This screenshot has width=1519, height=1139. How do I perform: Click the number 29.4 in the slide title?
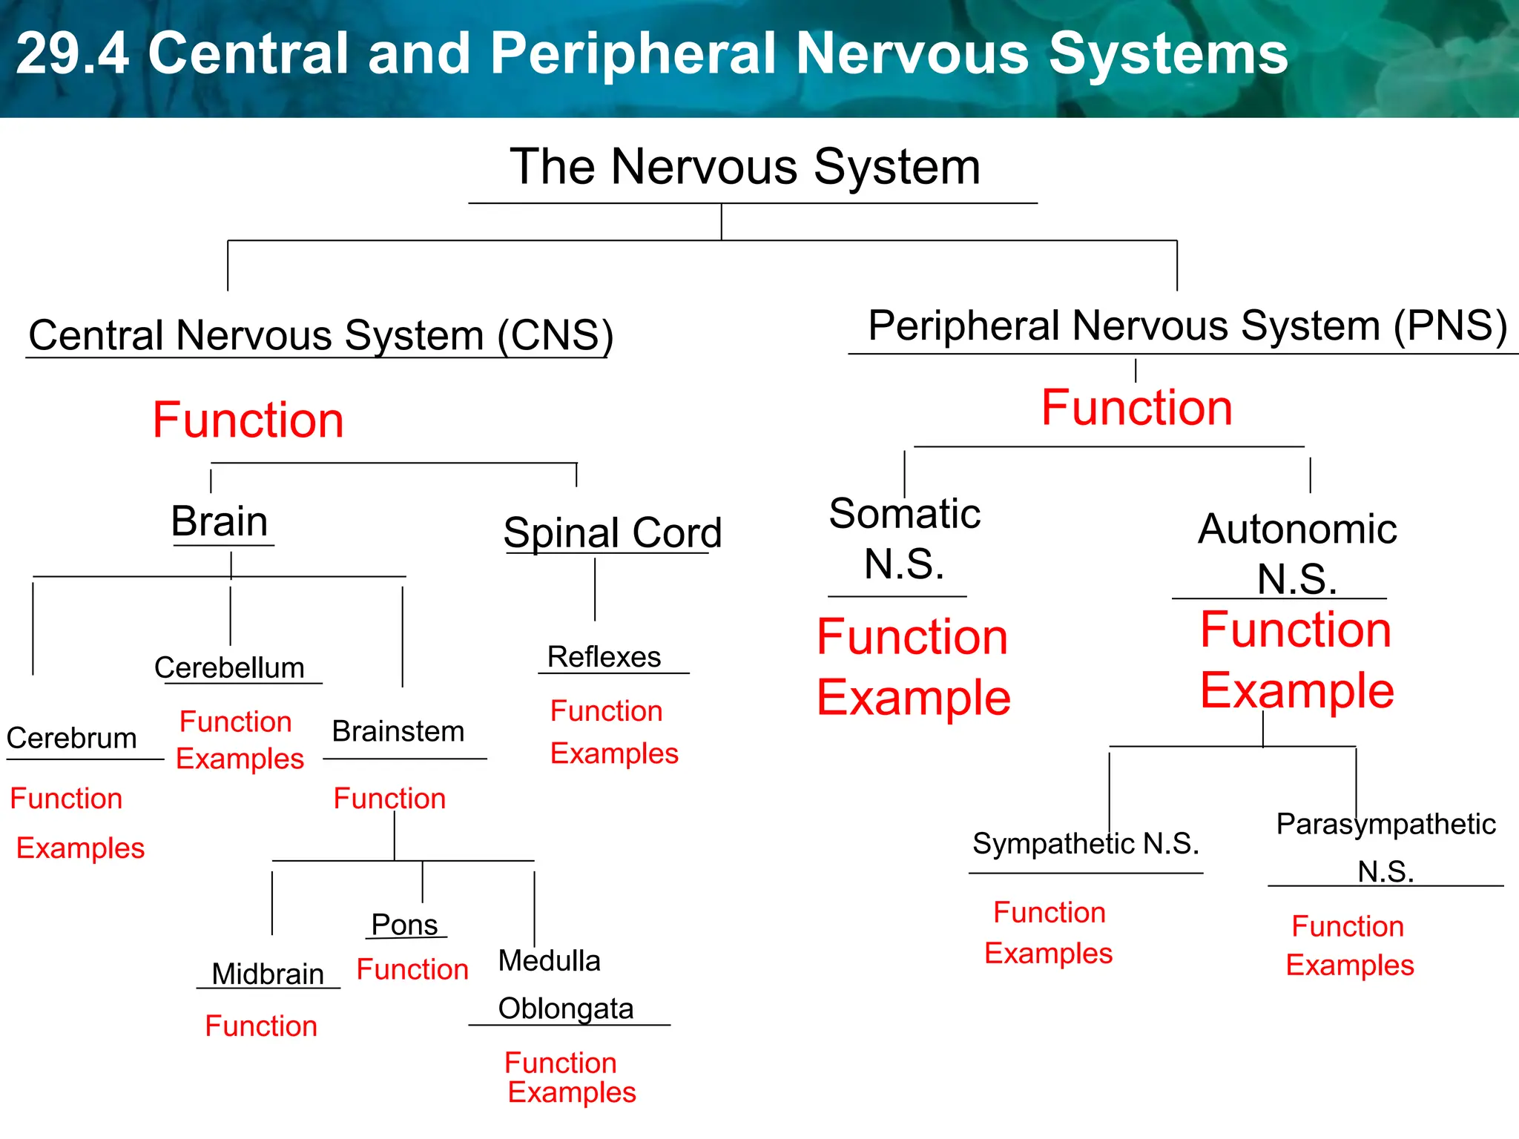(72, 53)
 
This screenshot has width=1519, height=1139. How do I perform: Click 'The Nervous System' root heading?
(745, 167)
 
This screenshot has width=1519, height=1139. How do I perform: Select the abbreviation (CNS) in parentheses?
(556, 335)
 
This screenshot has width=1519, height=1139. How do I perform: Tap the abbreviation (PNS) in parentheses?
(1450, 326)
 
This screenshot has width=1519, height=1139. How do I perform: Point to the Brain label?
(220, 521)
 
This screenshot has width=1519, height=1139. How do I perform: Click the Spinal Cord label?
(612, 532)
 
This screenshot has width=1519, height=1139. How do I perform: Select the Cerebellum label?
(229, 667)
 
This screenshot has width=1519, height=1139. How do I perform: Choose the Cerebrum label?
(72, 738)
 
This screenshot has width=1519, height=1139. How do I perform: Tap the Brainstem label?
(398, 731)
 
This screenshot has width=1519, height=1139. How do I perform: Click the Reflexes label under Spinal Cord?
(604, 657)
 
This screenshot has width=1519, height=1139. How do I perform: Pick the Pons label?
(404, 925)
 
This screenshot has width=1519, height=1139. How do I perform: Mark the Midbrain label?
(268, 974)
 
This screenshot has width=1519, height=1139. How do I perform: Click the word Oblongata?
(566, 1008)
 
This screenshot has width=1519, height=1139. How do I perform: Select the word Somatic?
(905, 514)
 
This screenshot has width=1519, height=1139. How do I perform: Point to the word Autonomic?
(1297, 529)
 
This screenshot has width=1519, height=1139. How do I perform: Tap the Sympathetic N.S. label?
(1086, 844)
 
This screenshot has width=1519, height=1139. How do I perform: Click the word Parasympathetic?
(1385, 825)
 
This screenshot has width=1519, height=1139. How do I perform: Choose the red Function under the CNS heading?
(248, 420)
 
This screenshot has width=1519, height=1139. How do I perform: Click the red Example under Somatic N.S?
(914, 698)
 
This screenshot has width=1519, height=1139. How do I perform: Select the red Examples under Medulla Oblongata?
(572, 1092)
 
